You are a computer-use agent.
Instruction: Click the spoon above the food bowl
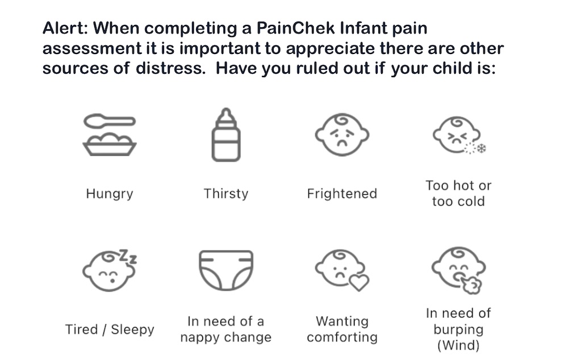tap(110, 121)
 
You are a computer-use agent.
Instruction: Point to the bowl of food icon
tap(110, 144)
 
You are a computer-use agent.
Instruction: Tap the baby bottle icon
tap(226, 135)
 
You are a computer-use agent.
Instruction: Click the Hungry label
tap(110, 194)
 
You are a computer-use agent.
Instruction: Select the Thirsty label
tap(226, 194)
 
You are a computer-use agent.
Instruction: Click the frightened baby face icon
tap(342, 135)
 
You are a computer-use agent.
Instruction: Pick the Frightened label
tap(342, 194)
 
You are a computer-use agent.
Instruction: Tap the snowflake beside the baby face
tap(482, 148)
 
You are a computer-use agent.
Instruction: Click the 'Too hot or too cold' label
tap(458, 194)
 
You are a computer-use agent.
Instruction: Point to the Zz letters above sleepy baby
tap(128, 256)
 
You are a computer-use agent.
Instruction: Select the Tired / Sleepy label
tap(110, 329)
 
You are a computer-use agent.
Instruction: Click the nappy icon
tap(226, 270)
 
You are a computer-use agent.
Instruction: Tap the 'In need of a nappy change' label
tap(225, 329)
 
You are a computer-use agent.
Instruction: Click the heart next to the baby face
tap(359, 282)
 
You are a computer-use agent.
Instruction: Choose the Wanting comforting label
tap(342, 329)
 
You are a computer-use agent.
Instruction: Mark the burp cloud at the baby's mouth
tap(470, 284)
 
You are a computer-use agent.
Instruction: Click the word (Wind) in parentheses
tap(458, 345)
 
